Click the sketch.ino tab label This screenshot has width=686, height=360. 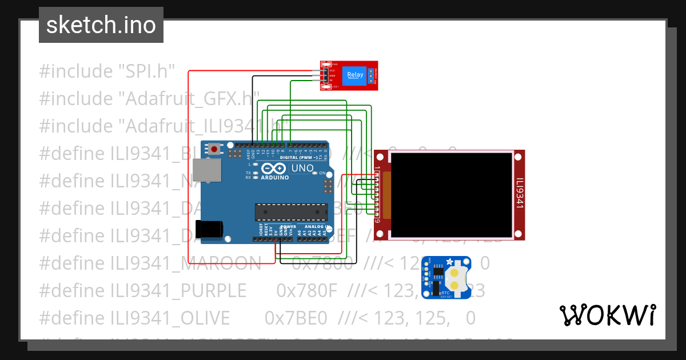pyautogui.click(x=101, y=25)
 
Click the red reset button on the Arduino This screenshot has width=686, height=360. pyautogui.click(x=214, y=149)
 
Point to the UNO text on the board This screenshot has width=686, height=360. pyautogui.click(x=302, y=169)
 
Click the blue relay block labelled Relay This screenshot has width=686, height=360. pyautogui.click(x=354, y=75)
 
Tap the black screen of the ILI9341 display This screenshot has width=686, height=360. pyautogui.click(x=452, y=195)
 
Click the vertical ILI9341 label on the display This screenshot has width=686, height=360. pyautogui.click(x=520, y=194)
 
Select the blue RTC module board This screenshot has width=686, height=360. pyautogui.click(x=446, y=277)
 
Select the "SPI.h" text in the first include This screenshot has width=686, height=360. pyautogui.click(x=145, y=71)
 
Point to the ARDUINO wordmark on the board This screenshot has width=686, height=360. pyautogui.click(x=275, y=178)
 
